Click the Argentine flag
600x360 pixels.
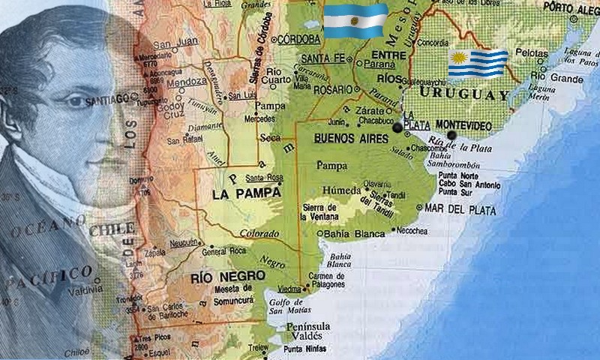[355, 21]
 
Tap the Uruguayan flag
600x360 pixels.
[478, 64]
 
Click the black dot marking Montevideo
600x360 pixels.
[451, 135]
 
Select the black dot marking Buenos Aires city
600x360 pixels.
[397, 129]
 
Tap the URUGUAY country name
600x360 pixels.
[464, 94]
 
